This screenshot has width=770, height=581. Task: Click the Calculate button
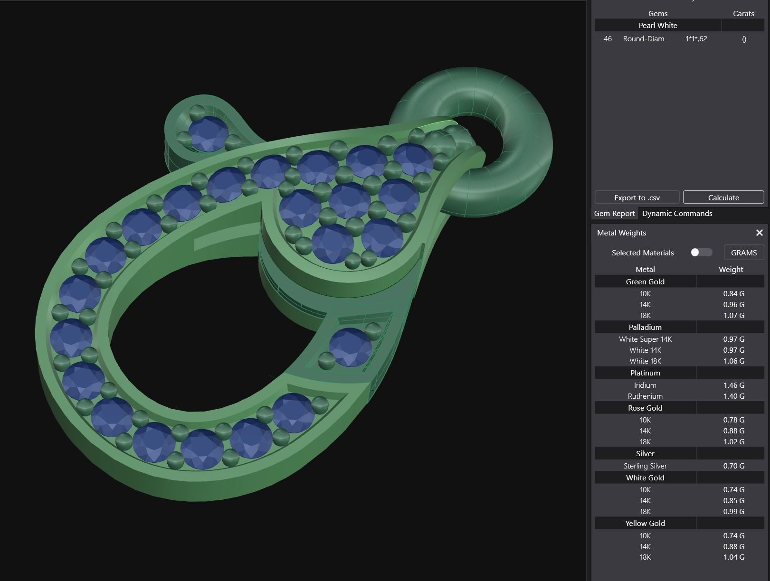(x=723, y=197)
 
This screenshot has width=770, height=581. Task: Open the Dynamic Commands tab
(x=677, y=214)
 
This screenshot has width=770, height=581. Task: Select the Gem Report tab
(x=614, y=214)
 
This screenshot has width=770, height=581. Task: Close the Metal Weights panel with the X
(x=759, y=233)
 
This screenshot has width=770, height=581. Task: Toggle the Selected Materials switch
(x=701, y=253)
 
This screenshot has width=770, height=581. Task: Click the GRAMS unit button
(x=743, y=253)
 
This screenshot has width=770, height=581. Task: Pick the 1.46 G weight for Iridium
(x=733, y=385)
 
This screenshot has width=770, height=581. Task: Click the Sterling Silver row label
(x=645, y=466)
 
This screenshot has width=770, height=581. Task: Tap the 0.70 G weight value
(x=733, y=466)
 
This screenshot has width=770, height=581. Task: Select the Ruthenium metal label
(x=645, y=396)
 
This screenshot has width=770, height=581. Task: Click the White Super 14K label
(x=645, y=339)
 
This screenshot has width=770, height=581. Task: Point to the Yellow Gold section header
(x=645, y=524)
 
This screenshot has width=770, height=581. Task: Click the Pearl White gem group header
(x=658, y=26)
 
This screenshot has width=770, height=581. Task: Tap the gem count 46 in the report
(x=608, y=39)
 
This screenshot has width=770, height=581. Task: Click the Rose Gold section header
(x=645, y=408)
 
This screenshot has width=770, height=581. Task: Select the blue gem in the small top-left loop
(x=208, y=134)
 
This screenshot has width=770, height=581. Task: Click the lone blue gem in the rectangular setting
(x=350, y=347)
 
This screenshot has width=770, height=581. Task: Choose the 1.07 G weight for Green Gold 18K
(x=733, y=316)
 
